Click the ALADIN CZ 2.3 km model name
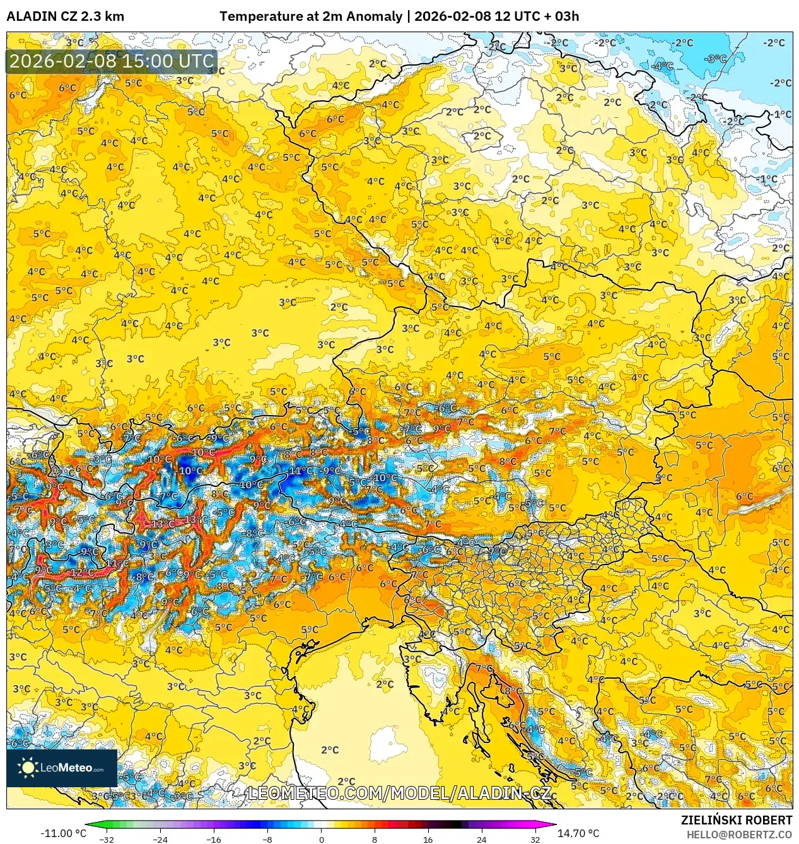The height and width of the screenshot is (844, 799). coord(65,16)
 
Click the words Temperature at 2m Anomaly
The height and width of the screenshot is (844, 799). coord(310,16)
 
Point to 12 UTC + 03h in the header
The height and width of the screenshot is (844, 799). coord(537,16)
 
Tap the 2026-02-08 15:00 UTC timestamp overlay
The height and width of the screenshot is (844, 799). coord(112,61)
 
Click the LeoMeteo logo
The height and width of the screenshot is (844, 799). coord(62,768)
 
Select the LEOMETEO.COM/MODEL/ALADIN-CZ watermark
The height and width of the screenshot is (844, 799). coord(400,793)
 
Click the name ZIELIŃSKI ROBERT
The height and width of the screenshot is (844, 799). coord(736,820)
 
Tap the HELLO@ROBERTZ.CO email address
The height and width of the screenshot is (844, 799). coord(739,835)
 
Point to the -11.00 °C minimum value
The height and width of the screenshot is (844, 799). coord(63,833)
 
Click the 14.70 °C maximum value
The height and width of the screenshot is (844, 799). coord(578,833)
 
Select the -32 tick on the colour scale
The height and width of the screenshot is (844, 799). coord(107,839)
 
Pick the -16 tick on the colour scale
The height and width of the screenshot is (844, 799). coord(214,839)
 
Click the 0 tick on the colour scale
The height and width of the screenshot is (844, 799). coord(321,839)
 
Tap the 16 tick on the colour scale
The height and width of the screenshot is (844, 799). coord(428,839)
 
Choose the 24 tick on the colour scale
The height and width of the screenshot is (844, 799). coord(482,839)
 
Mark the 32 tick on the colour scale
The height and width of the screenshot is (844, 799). coord(535,839)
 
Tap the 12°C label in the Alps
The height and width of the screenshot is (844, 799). coord(82,573)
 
